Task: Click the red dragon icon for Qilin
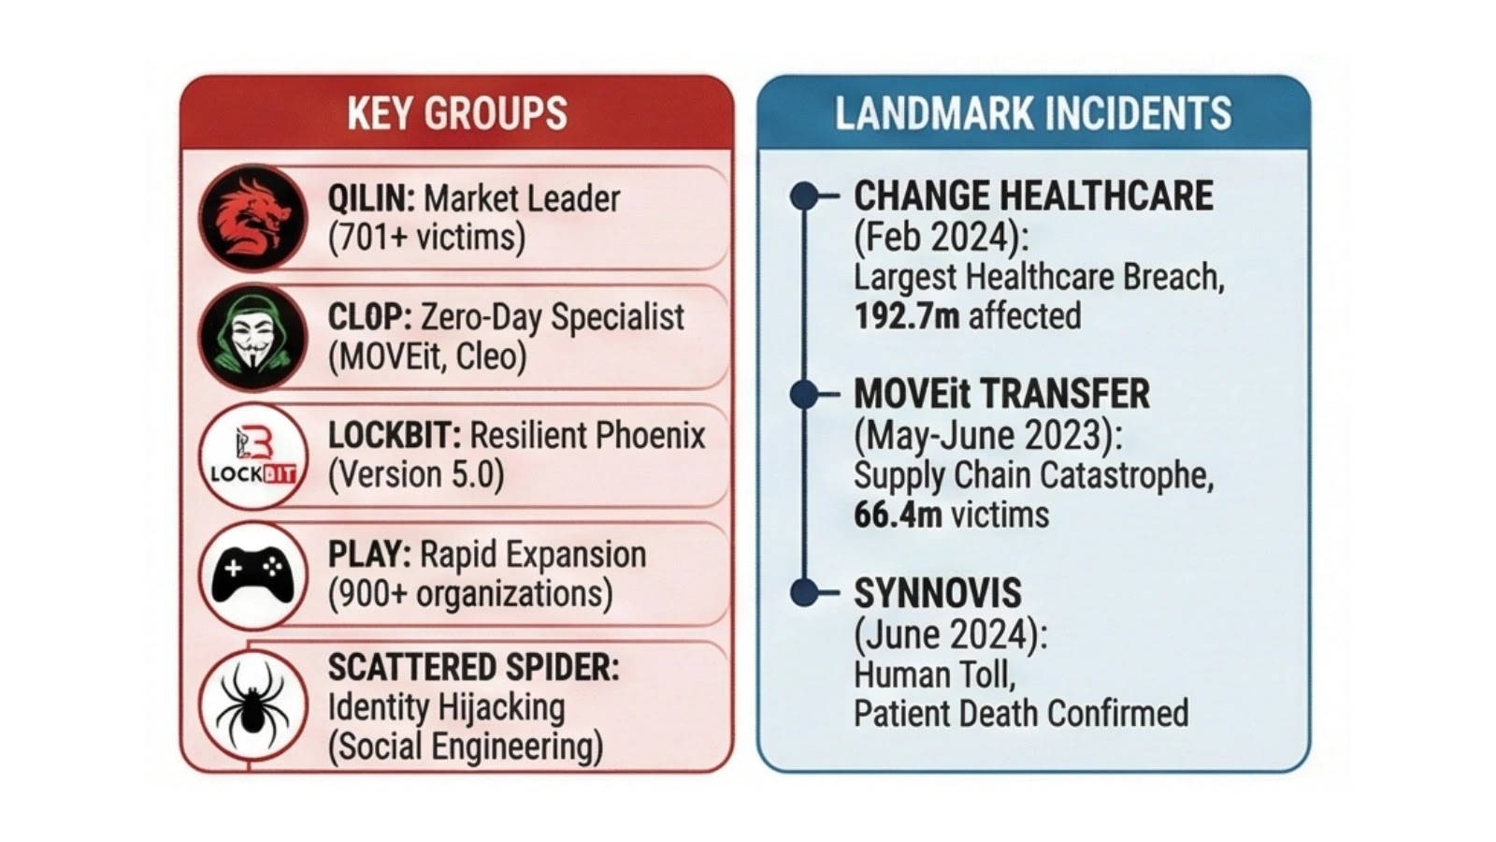(x=252, y=217)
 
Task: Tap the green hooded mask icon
(x=252, y=337)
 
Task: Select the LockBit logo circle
(x=252, y=456)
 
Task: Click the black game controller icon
(x=252, y=573)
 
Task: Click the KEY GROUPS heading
(x=456, y=114)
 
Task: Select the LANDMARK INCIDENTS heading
(x=1032, y=114)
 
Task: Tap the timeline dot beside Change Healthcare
(x=804, y=196)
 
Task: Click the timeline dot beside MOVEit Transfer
(x=804, y=394)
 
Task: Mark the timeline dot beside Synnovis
(x=804, y=592)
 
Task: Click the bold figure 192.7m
(x=906, y=316)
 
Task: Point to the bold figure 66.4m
(x=898, y=515)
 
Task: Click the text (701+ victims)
(x=426, y=238)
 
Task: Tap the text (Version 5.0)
(x=415, y=474)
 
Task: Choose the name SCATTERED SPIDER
(x=472, y=668)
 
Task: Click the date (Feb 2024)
(x=941, y=237)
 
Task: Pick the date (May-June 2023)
(x=987, y=435)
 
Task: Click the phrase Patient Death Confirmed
(x=1020, y=713)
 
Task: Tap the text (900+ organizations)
(x=469, y=593)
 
